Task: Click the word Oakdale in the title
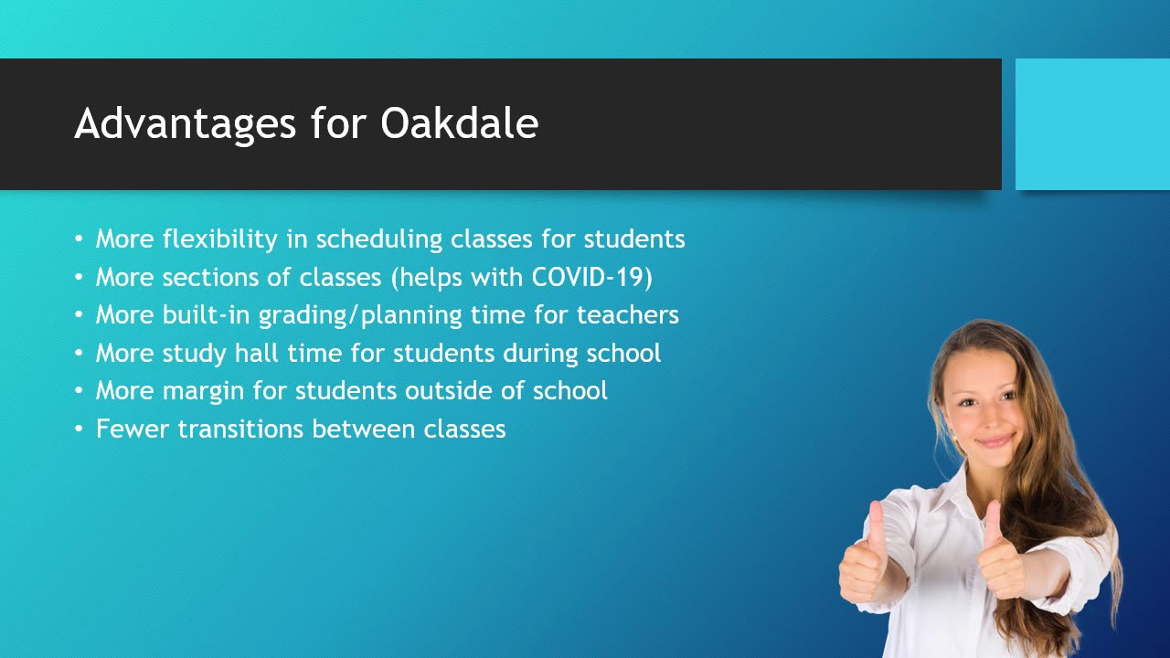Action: [x=459, y=124]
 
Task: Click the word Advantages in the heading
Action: [x=186, y=124]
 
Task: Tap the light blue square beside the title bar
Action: [x=1092, y=124]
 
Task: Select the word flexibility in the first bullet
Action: [x=219, y=239]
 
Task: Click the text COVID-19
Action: [x=592, y=277]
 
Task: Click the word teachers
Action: [x=627, y=315]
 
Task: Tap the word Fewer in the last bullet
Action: [x=133, y=430]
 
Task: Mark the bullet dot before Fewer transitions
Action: [x=79, y=430]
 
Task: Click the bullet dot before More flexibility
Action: [x=79, y=239]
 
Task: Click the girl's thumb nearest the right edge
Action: [x=991, y=526]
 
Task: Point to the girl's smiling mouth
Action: [x=994, y=441]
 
